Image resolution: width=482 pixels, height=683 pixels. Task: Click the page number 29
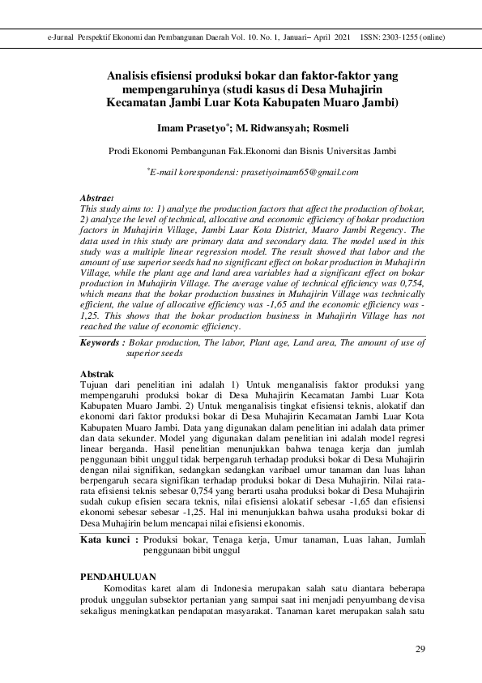[x=420, y=648]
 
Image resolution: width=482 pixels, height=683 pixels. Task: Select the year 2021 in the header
[x=341, y=38]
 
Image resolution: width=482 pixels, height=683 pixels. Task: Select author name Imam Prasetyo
[x=194, y=128]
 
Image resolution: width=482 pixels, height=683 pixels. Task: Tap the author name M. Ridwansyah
[x=271, y=128]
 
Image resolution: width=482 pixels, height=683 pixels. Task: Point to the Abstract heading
[x=96, y=198]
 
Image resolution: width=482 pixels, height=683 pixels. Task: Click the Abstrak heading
[x=96, y=372]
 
